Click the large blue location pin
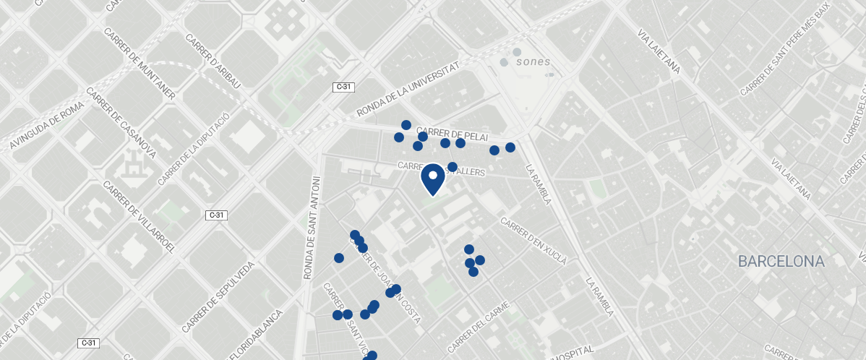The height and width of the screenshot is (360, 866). (x=432, y=179)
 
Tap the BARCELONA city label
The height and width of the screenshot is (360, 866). (x=781, y=262)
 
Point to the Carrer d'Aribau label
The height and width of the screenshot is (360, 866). (x=213, y=61)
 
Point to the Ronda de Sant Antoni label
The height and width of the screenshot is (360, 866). (x=311, y=227)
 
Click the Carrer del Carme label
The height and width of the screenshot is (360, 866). (x=479, y=326)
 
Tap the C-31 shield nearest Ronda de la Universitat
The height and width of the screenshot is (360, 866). (x=343, y=87)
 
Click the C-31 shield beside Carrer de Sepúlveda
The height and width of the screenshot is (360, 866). (x=217, y=215)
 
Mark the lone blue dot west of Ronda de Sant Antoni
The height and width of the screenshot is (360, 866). (x=338, y=258)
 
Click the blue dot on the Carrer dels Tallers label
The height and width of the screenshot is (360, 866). (x=453, y=167)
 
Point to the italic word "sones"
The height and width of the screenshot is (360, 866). (x=533, y=62)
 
